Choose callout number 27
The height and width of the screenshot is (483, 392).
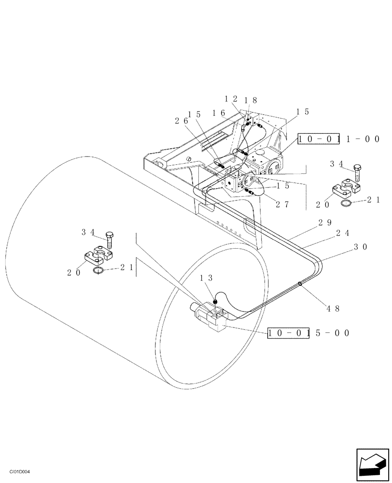pyautogui.click(x=282, y=204)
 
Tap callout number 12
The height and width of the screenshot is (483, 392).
pyautogui.click(x=231, y=99)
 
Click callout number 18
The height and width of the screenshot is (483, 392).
pyautogui.click(x=251, y=100)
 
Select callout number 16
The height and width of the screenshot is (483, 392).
pyautogui.click(x=219, y=113)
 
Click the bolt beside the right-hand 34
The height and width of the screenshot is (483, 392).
pyautogui.click(x=357, y=171)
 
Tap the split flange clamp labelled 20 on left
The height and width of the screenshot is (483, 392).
pyautogui.click(x=99, y=256)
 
